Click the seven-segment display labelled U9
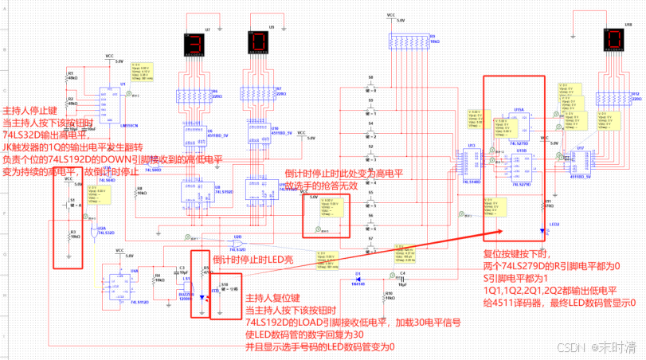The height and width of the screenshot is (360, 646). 259,41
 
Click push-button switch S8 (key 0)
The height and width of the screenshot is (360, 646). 371,83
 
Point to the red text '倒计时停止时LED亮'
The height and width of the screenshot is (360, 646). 253,259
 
